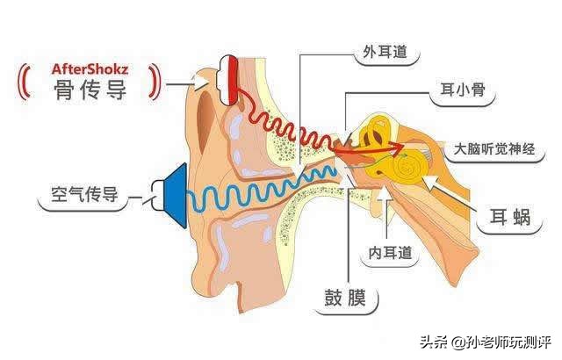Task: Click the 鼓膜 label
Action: click(345, 301)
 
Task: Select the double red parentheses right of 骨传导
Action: click(156, 81)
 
